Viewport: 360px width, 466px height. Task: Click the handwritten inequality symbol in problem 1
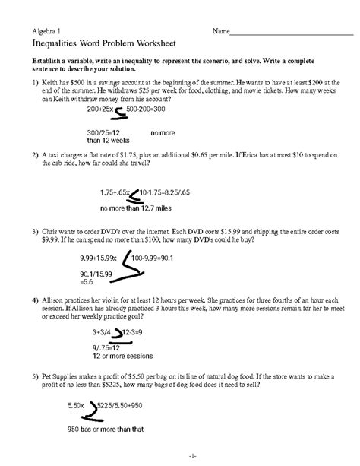click(118, 113)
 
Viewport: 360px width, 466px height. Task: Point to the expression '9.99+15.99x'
click(102, 258)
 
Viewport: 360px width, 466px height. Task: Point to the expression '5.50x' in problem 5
click(74, 407)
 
